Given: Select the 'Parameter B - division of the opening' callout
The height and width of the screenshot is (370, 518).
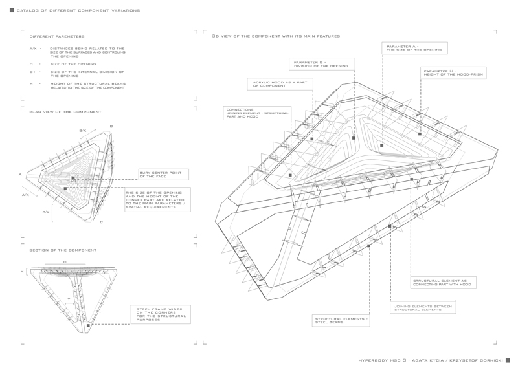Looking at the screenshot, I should point(322,64).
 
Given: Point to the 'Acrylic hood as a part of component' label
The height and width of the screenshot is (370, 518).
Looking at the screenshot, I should point(282,84).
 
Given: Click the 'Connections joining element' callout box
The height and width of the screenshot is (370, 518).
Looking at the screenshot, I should point(256,114).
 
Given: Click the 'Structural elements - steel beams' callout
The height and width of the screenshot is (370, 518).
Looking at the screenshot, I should point(342,320).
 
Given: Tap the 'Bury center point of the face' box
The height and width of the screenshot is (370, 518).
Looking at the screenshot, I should point(164,174).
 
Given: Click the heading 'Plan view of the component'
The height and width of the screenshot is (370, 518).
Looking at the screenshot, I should point(65,111).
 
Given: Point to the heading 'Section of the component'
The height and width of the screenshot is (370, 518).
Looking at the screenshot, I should point(63,250).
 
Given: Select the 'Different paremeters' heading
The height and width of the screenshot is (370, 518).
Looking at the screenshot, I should point(57,36).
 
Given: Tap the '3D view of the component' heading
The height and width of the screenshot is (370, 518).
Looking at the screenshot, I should point(276,36).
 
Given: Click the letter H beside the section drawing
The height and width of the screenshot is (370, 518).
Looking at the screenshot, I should point(21,272).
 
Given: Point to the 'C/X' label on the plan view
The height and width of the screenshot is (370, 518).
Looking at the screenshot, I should point(46,212).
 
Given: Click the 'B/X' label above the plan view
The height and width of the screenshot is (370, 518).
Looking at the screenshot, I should point(82,131).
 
